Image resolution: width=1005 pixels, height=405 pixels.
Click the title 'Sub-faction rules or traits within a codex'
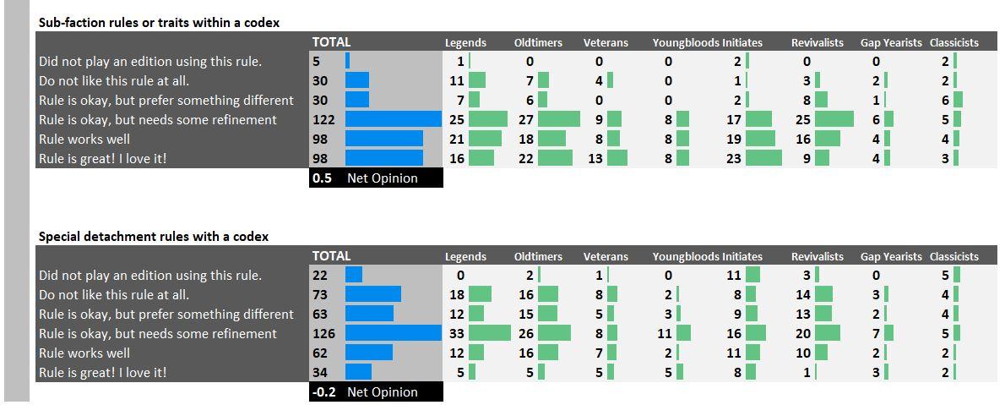[159, 23]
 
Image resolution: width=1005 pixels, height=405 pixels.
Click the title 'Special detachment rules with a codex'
[154, 237]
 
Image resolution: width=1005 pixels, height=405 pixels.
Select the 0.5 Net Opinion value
[323, 178]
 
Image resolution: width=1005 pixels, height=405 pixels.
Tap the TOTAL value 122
[323, 119]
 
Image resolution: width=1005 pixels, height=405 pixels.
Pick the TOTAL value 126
[323, 334]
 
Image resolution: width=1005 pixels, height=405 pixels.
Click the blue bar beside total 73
[373, 294]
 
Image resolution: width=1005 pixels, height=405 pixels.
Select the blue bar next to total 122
[394, 119]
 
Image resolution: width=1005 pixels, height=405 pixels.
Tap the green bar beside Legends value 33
[490, 334]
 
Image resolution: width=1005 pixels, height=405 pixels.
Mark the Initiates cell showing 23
[734, 159]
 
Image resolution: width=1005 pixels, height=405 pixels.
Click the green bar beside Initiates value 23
[764, 159]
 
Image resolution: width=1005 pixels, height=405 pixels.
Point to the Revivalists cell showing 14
[803, 294]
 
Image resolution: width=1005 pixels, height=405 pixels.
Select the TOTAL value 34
[320, 373]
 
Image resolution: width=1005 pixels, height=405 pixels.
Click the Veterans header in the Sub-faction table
[606, 43]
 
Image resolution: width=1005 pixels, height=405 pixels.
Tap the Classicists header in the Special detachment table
[954, 257]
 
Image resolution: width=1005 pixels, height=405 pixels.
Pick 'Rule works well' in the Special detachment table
[84, 353]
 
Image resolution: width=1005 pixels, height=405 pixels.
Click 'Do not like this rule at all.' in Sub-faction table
[114, 81]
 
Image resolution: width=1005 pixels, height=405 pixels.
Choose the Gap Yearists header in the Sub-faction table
[892, 43]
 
